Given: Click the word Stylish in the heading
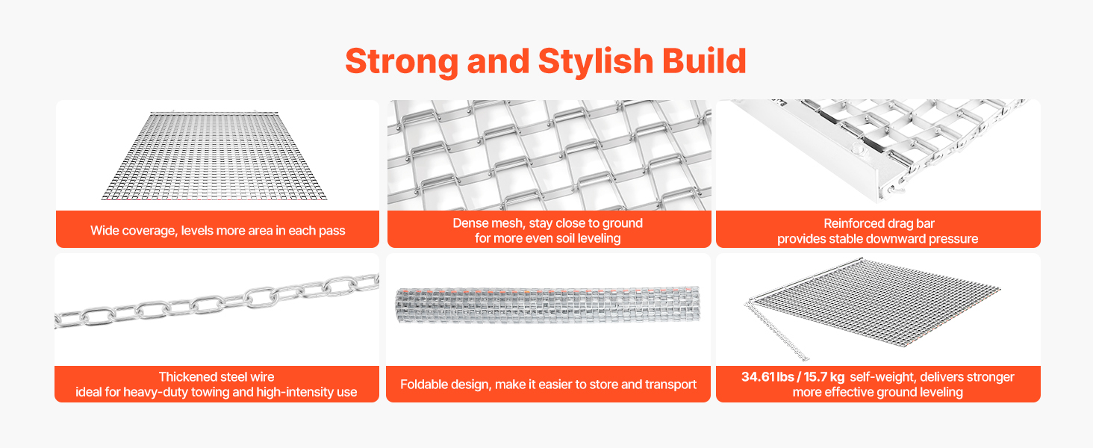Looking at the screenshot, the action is coord(595,62).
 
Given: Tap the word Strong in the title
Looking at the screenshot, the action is coord(402,62).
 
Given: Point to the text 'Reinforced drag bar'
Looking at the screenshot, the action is coord(879,223).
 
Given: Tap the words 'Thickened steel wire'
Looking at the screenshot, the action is coord(217,377).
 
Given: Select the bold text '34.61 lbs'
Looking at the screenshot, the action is coord(767,377).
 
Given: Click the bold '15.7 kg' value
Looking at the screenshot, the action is coord(823,377).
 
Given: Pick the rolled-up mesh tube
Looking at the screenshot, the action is coord(548,305).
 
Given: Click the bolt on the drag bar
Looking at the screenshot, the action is coord(857,149).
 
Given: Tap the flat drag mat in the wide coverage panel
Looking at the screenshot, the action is coord(214,156).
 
